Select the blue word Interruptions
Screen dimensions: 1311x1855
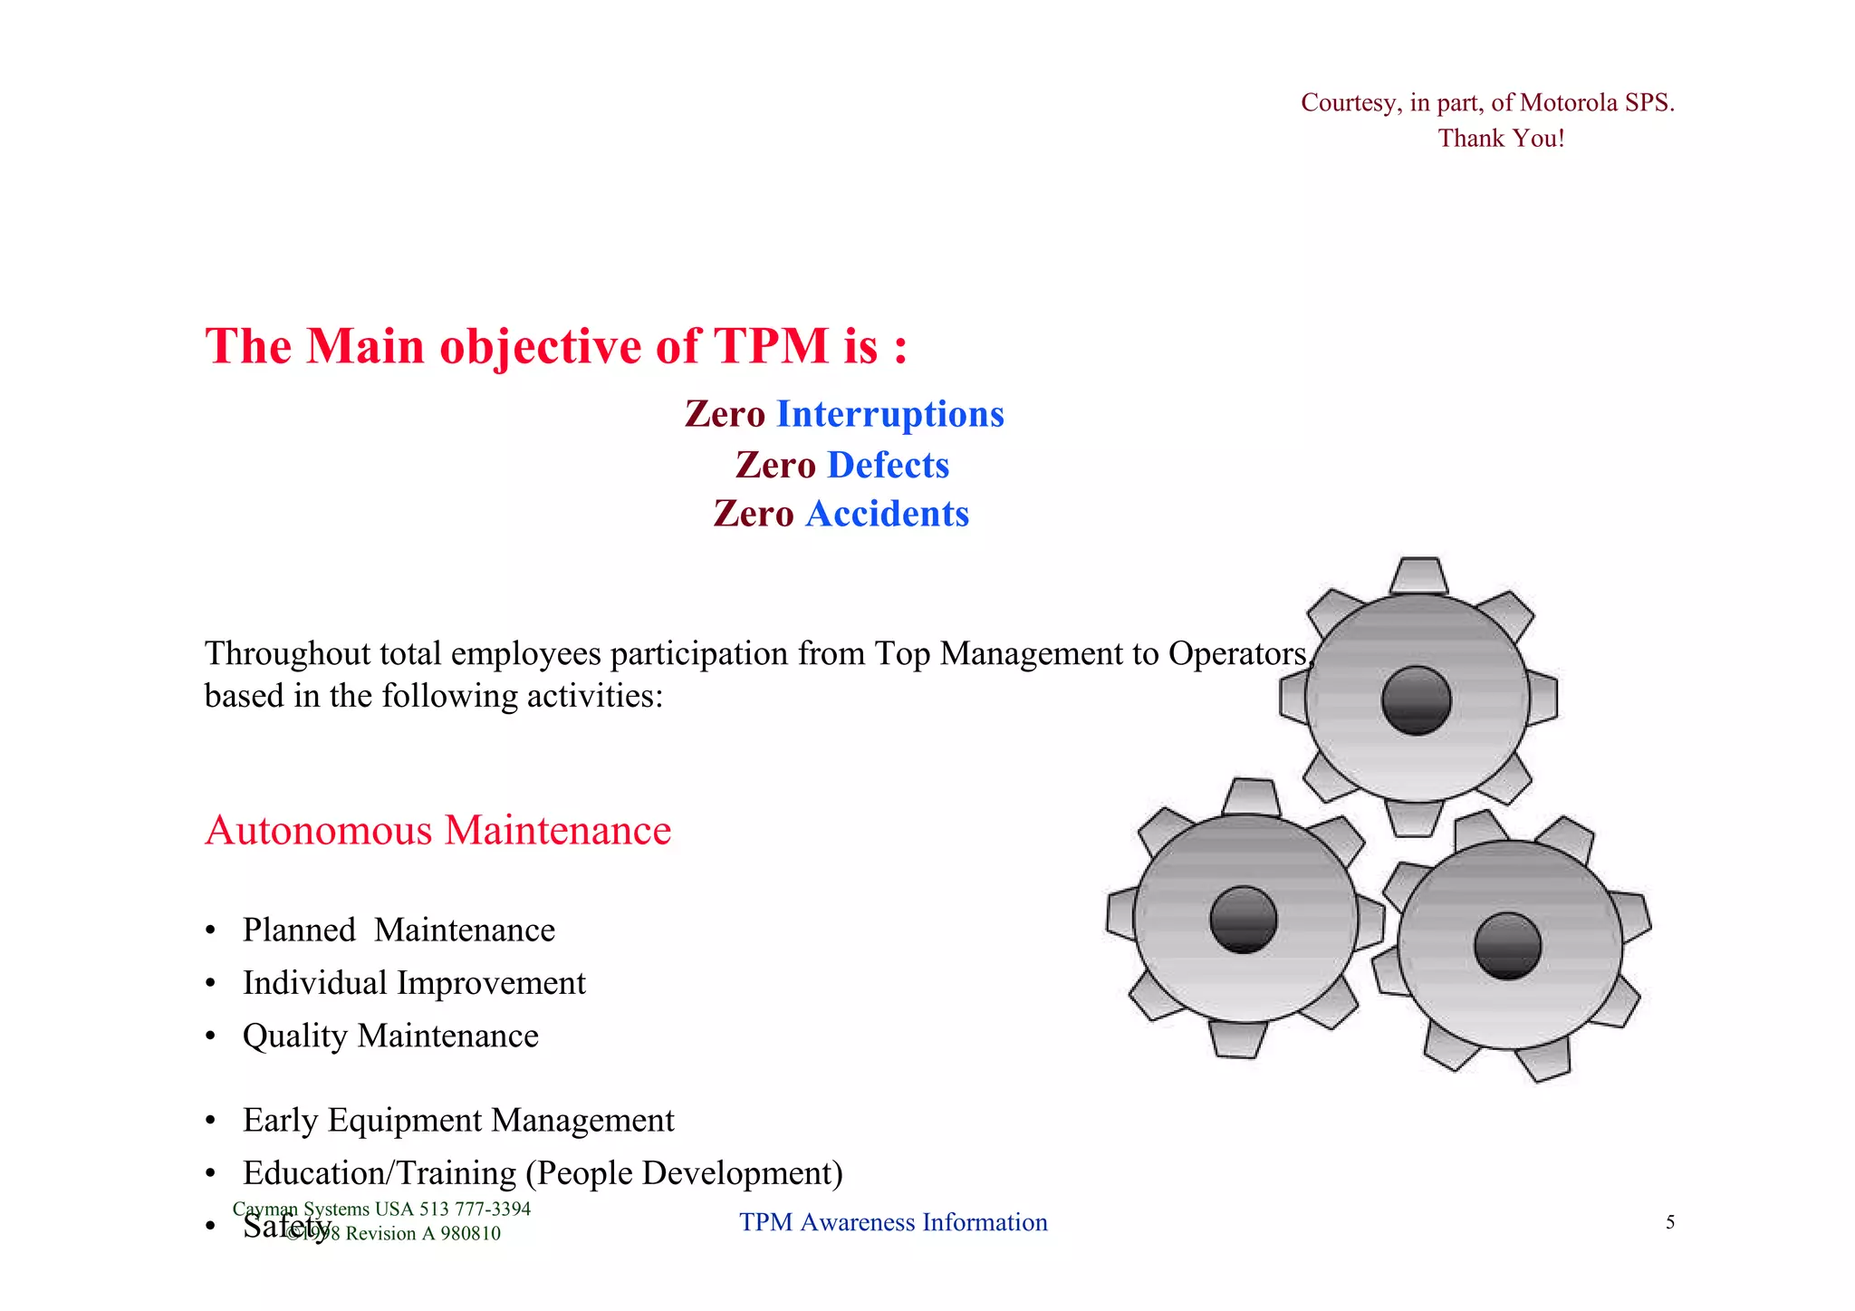click(890, 414)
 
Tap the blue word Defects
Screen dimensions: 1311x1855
click(888, 465)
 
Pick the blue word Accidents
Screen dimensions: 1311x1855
click(887, 514)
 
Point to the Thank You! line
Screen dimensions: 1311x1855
click(1501, 139)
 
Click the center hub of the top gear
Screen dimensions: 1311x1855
click(1417, 699)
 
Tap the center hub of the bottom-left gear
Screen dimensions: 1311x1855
click(1244, 919)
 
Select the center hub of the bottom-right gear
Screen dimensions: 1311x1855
click(1507, 946)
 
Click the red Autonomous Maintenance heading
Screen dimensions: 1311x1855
click(438, 830)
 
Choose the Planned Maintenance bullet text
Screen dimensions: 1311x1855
click(399, 930)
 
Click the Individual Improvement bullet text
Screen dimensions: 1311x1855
click(414, 983)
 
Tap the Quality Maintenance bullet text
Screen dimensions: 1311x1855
click(390, 1036)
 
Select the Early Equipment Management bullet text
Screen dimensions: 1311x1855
click(458, 1121)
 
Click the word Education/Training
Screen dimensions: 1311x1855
click(380, 1173)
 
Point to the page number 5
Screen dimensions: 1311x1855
click(1669, 1222)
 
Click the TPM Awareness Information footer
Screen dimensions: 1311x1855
click(893, 1222)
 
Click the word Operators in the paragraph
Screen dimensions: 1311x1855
click(1237, 653)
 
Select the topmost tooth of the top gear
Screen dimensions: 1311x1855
click(1418, 575)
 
